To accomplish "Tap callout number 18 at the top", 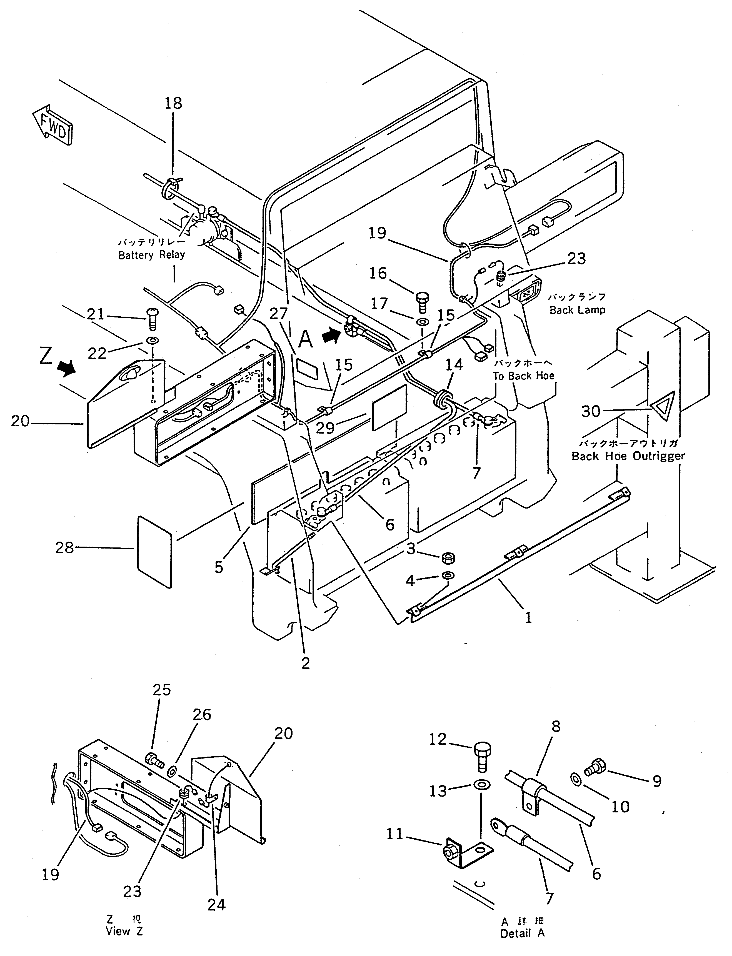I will coord(173,103).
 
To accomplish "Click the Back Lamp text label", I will coord(577,310).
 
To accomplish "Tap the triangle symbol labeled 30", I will coord(663,406).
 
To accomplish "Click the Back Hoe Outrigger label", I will coord(628,456).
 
